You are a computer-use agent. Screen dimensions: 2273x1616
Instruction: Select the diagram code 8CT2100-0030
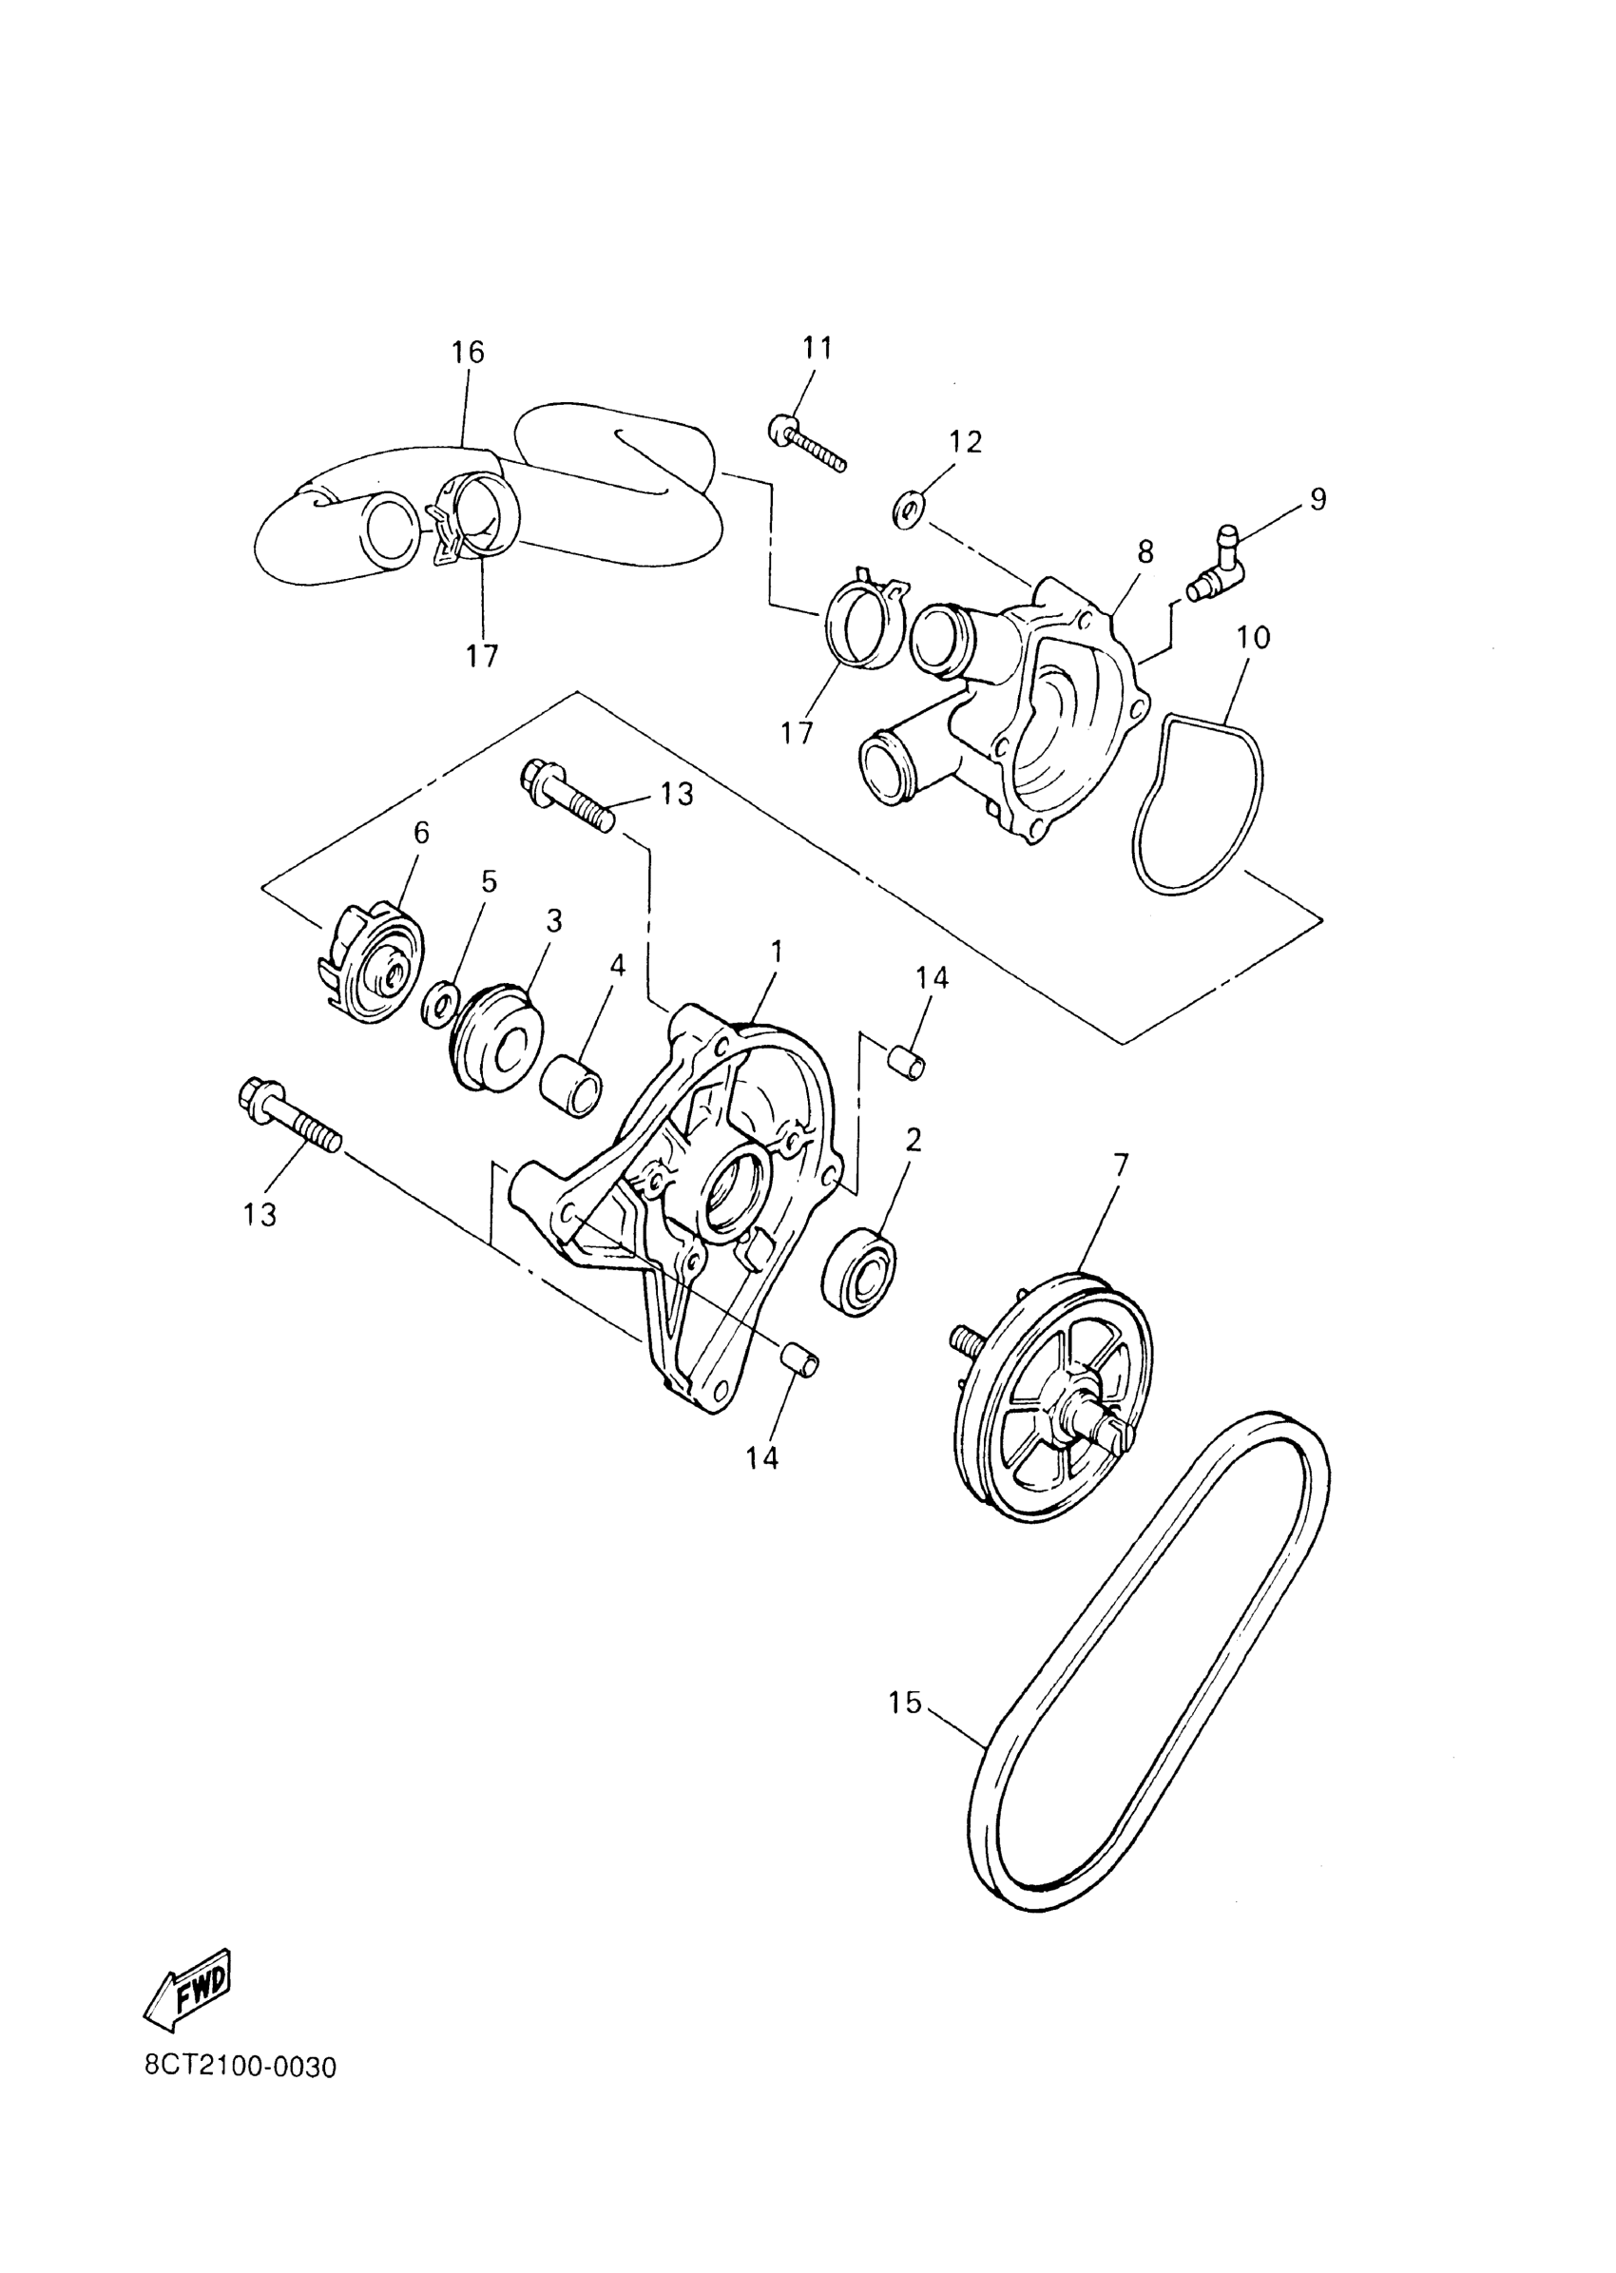(x=240, y=2066)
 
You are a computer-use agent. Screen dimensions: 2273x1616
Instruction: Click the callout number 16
(x=468, y=353)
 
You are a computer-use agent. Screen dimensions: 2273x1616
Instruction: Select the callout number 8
(x=1146, y=552)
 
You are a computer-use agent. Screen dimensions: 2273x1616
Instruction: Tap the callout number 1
(x=777, y=953)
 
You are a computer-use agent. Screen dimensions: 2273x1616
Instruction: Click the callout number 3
(x=553, y=920)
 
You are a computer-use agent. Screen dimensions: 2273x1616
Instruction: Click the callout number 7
(x=1121, y=1164)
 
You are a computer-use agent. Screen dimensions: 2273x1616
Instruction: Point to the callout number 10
(x=1254, y=637)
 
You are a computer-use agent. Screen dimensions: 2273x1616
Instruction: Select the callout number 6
(x=421, y=833)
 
